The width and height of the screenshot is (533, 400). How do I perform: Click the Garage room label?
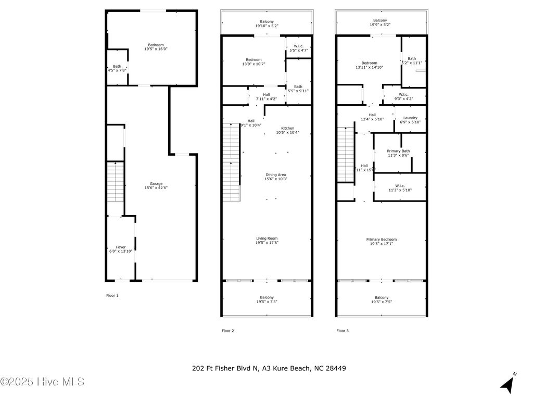pos(156,183)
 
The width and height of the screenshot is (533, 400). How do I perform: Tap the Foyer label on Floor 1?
pos(120,247)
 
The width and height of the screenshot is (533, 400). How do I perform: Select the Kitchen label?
pos(287,128)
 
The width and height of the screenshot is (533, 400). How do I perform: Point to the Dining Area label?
pos(275,174)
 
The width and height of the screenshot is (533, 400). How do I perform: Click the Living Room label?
pos(266,238)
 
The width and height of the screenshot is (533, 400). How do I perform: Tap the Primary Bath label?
pos(398,151)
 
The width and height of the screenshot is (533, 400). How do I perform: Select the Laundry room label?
pos(410,118)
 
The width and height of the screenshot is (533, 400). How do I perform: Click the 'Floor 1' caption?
pos(112,295)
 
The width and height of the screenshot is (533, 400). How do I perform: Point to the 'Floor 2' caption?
pos(227,331)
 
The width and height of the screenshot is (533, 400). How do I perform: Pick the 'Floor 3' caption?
pos(342,331)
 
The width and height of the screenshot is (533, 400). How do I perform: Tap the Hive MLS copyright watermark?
pos(43,382)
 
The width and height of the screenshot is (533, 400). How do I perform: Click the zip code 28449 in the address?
pos(336,368)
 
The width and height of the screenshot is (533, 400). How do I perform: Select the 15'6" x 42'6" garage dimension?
pos(156,188)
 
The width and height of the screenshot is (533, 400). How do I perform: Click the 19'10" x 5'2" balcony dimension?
pos(266,26)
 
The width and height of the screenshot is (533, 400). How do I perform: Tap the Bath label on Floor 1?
pos(117,66)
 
